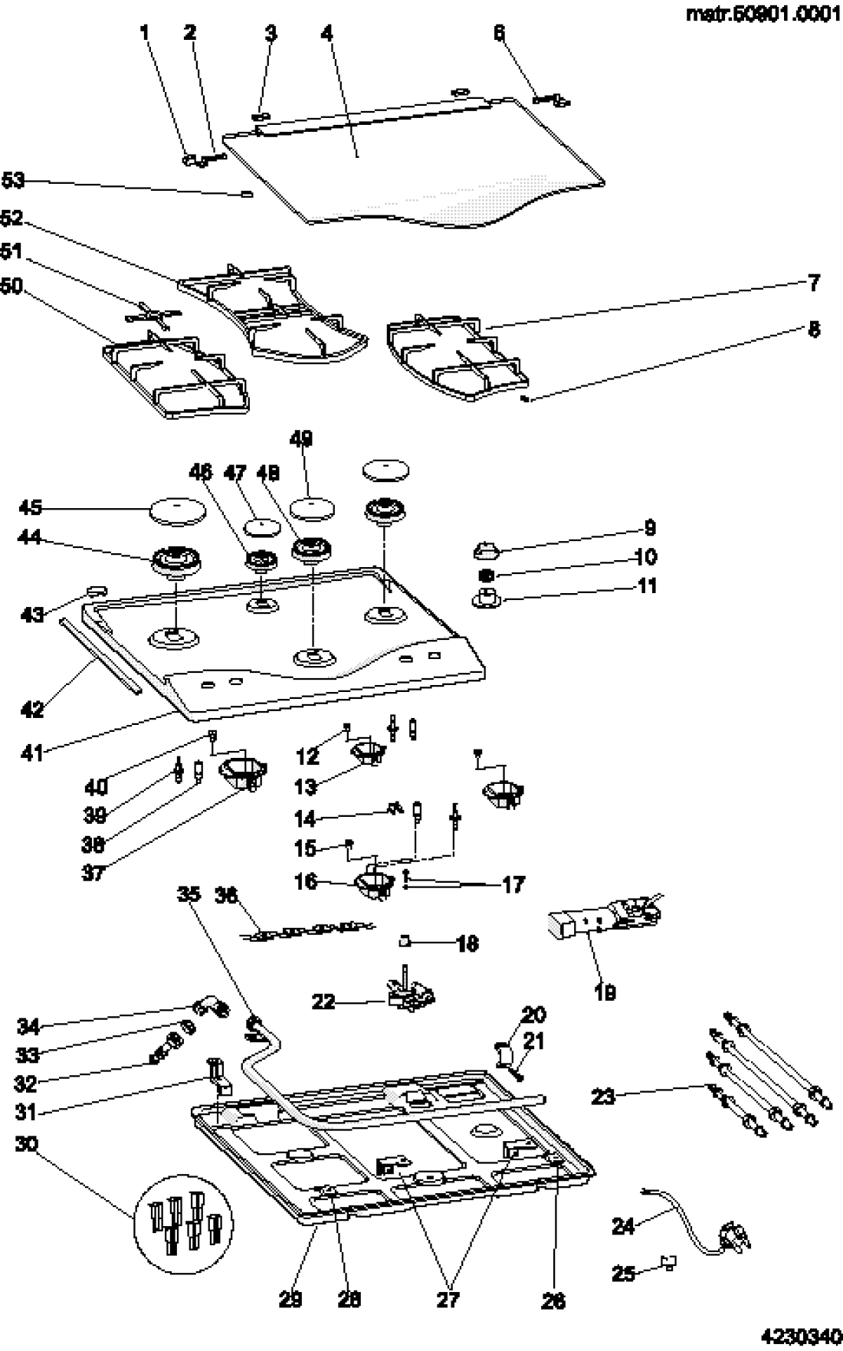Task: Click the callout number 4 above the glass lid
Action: point(328,34)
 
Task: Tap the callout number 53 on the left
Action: point(13,181)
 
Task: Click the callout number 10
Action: point(645,556)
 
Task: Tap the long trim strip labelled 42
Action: point(100,656)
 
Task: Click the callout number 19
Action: point(605,992)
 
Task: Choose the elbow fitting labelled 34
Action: point(211,1011)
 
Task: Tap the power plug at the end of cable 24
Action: point(730,1235)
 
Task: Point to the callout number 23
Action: point(603,1097)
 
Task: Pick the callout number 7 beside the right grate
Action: point(814,282)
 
